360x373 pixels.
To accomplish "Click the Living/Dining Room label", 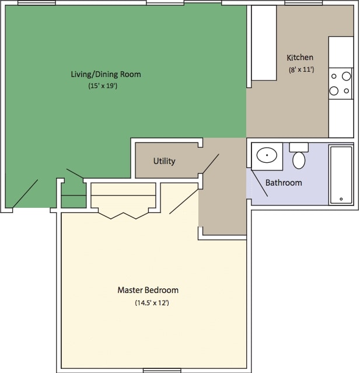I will (x=106, y=74).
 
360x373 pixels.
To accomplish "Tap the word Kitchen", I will (x=300, y=57).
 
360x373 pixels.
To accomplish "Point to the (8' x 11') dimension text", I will (x=301, y=69).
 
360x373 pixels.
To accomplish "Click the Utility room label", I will (x=164, y=161).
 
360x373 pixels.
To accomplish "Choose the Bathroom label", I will (x=284, y=183).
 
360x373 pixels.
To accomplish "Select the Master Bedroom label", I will (x=148, y=290).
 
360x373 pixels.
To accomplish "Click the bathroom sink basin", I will (x=267, y=156).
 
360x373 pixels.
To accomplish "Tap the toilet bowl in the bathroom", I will (x=299, y=159).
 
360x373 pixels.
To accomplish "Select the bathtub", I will (x=341, y=175).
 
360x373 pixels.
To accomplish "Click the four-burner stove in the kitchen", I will (x=340, y=83).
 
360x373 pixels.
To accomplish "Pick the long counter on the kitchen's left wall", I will (x=264, y=44).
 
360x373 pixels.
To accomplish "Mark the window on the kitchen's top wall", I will (x=303, y=3).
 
